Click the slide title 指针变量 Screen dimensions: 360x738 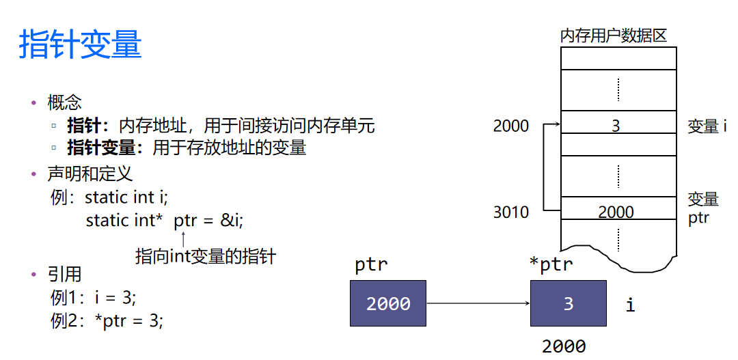(x=80, y=45)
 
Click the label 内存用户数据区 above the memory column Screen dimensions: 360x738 (x=613, y=36)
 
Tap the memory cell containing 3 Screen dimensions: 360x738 (x=618, y=126)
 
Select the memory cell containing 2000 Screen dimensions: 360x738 (x=618, y=212)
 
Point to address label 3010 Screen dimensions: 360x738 (x=510, y=212)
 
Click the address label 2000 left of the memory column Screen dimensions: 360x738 (x=510, y=126)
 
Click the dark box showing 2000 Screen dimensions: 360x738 (x=388, y=303)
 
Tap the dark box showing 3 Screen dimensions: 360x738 (x=568, y=303)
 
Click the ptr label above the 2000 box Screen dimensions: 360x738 (x=371, y=265)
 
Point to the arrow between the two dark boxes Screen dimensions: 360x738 (x=478, y=303)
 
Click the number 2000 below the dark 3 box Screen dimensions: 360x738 (x=564, y=346)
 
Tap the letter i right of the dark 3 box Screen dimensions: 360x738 (x=630, y=305)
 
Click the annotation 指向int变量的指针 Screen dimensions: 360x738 (x=206, y=257)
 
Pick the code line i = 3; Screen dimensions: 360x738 (x=115, y=298)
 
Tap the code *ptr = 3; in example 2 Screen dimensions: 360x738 (x=133, y=320)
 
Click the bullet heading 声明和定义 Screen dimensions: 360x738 (x=90, y=174)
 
